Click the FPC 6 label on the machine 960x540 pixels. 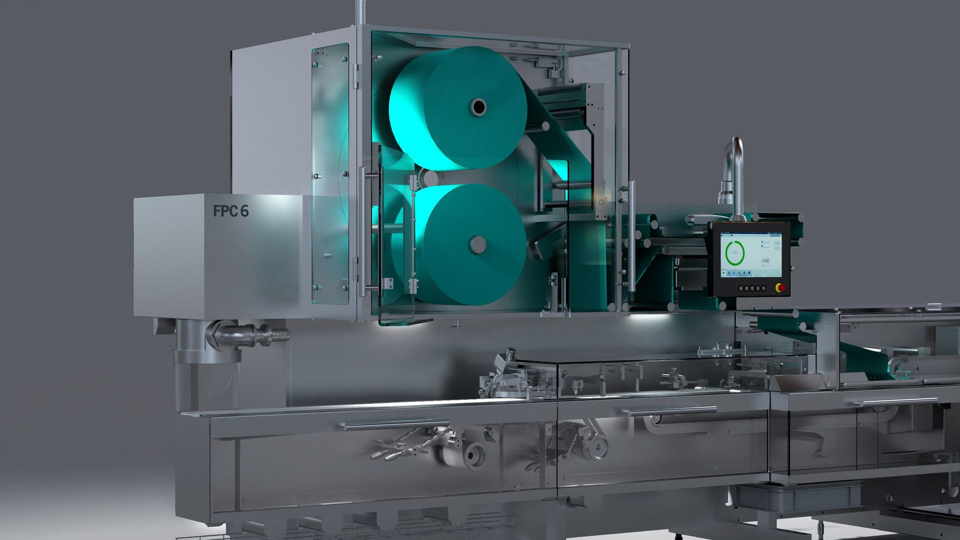tap(230, 211)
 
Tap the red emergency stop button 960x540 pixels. tap(779, 288)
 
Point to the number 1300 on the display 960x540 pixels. tap(765, 261)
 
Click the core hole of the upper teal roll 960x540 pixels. tap(477, 106)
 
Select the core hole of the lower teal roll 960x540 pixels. tap(475, 244)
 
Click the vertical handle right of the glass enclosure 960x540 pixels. tap(632, 235)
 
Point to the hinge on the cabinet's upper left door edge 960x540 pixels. tap(356, 75)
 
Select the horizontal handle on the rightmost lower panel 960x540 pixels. tap(895, 401)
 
